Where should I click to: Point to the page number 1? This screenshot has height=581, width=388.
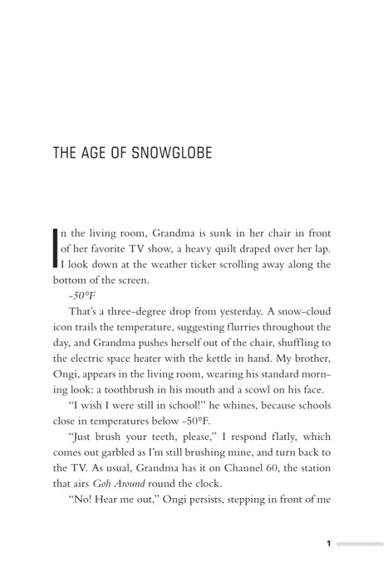click(x=329, y=544)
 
